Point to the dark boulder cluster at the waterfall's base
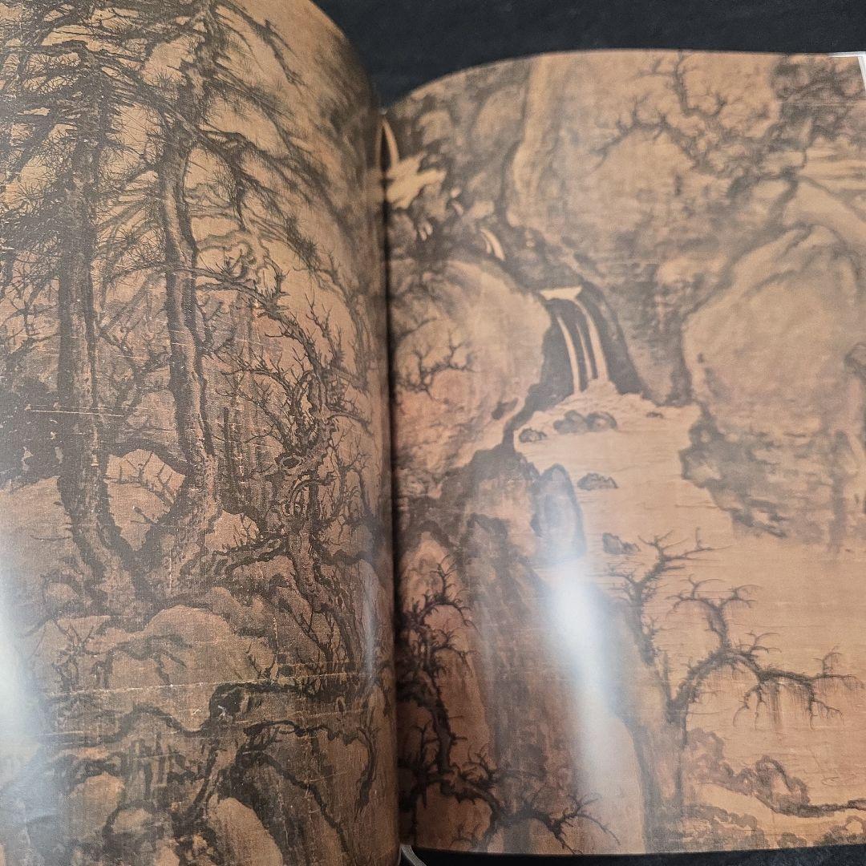click(585, 421)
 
